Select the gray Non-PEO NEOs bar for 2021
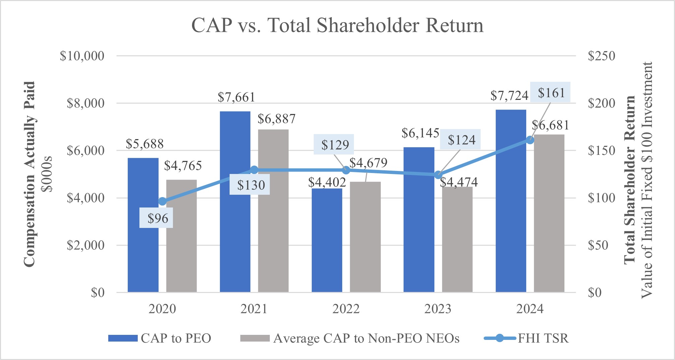coord(273,211)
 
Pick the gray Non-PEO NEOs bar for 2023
coord(457,240)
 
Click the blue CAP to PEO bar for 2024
coord(511,201)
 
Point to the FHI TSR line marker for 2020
coord(162,201)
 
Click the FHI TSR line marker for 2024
coord(530,140)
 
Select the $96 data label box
coord(156,218)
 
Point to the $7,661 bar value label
coord(236,97)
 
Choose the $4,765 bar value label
coord(183,166)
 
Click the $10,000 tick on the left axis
coord(82,56)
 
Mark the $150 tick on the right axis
coord(602,151)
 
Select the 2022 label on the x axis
coord(346,309)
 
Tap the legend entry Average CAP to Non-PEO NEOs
coord(350,338)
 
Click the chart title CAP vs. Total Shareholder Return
coord(337,25)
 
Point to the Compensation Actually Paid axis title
coord(30,174)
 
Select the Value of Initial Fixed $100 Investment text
coord(647,180)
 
